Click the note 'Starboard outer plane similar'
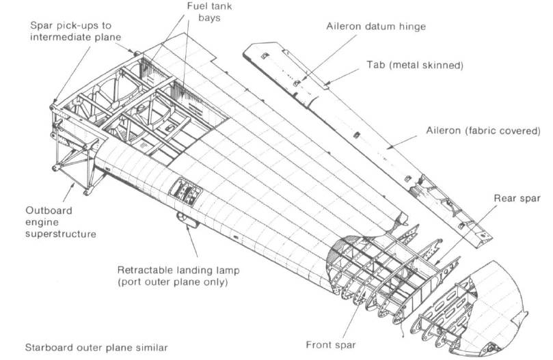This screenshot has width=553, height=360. [x=95, y=348]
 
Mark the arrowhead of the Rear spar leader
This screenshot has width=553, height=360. [x=435, y=262]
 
